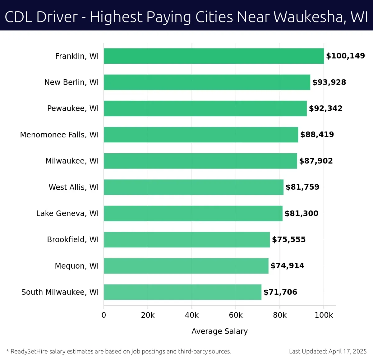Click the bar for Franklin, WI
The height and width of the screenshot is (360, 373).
[214, 56]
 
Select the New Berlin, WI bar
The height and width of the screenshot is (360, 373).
[207, 82]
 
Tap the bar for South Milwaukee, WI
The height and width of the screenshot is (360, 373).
[182, 292]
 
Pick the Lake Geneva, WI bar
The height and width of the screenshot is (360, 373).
[193, 213]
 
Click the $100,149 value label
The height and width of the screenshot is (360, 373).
[345, 56]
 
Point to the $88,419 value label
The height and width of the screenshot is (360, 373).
[317, 135]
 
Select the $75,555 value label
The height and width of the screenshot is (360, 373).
[289, 239]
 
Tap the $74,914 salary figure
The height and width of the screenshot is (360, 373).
[287, 266]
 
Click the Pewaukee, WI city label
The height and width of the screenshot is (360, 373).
[73, 108]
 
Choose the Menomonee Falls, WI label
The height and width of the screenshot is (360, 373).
[59, 135]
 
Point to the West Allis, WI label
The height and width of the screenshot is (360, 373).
[74, 187]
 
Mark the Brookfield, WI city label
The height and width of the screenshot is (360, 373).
[73, 239]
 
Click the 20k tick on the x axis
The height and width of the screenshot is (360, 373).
[148, 315]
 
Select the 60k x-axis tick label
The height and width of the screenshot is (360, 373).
[236, 315]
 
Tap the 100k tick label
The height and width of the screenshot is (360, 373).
[324, 315]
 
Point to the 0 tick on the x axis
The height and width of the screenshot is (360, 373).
[104, 315]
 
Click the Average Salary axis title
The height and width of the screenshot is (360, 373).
[219, 331]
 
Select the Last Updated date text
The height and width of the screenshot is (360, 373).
[328, 351]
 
